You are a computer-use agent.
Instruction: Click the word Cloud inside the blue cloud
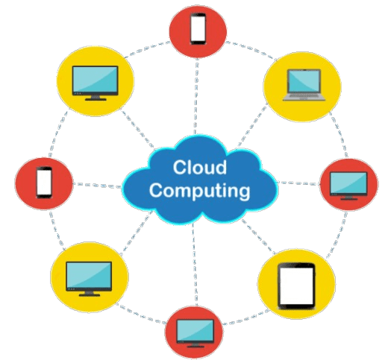[200, 167]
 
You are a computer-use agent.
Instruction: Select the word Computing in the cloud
[199, 191]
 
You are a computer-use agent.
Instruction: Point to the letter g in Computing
[244, 193]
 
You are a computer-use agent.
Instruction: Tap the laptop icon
[304, 85]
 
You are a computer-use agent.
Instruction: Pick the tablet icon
[296, 285]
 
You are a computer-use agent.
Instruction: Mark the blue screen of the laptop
[304, 81]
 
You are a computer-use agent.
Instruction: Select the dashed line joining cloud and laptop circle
[251, 127]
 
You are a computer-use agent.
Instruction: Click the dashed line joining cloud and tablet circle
[259, 237]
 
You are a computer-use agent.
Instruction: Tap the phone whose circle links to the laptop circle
[198, 28]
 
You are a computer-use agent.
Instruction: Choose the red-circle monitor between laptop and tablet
[348, 186]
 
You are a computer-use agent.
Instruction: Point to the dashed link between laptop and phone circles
[251, 50]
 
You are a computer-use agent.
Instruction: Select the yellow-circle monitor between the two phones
[96, 83]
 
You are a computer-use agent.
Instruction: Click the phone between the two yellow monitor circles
[44, 183]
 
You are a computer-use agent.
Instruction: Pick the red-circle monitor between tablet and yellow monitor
[195, 333]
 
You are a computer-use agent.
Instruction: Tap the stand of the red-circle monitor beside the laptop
[348, 198]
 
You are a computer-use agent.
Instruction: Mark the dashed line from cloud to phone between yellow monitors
[98, 186]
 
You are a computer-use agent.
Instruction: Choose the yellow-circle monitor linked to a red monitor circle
[89, 279]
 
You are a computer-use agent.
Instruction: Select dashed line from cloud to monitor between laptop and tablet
[298, 183]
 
